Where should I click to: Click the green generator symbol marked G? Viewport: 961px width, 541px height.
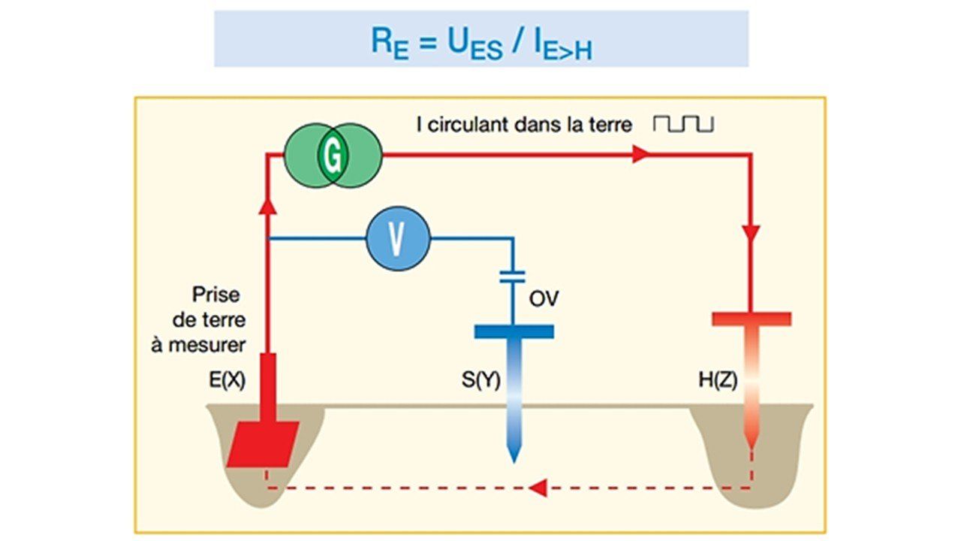333,156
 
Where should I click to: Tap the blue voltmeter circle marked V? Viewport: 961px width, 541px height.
398,239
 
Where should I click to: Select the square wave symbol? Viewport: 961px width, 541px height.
683,123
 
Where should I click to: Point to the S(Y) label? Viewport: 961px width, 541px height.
480,381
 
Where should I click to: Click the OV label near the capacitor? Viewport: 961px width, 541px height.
544,300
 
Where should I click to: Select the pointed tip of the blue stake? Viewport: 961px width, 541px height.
514,455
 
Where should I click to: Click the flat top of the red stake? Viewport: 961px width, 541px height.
751,319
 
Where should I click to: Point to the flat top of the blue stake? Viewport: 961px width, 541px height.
514,331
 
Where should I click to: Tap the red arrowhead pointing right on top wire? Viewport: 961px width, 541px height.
640,155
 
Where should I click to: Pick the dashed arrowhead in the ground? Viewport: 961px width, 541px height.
537,488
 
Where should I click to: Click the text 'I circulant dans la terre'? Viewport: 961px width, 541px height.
524,124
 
